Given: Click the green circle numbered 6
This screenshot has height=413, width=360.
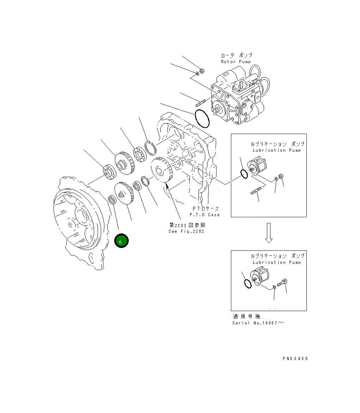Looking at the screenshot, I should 121,241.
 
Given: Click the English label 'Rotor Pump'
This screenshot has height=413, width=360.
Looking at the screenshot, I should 236,62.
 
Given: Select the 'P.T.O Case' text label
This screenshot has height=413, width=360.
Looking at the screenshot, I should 205,214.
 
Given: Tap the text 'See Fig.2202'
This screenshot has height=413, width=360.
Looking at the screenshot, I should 186,231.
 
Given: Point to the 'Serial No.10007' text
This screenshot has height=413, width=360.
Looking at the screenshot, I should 257,323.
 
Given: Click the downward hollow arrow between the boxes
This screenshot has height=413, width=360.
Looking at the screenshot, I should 269,233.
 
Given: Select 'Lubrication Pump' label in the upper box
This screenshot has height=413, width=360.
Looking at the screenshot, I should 277,150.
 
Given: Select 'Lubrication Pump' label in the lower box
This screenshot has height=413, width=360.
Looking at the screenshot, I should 277,262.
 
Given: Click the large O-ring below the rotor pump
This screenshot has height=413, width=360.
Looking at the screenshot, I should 202,119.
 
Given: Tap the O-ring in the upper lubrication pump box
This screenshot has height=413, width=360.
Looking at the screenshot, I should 243,174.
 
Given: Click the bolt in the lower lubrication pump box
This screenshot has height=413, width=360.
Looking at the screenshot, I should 282,282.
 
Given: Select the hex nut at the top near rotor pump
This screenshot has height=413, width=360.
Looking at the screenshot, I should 202,72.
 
